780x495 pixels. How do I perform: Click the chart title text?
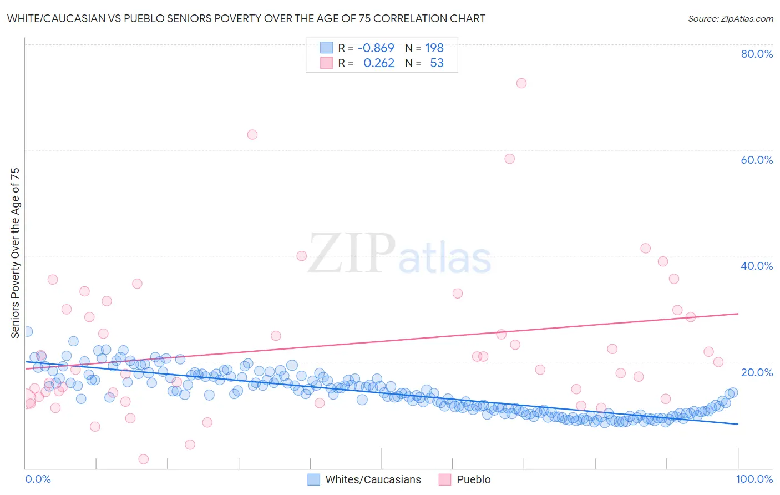(246, 18)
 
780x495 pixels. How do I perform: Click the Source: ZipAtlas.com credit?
(730, 18)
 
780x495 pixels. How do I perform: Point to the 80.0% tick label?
(757, 54)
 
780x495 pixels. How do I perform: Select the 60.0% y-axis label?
(757, 160)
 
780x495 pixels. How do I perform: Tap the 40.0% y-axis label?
(757, 266)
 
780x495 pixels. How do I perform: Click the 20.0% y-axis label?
(757, 372)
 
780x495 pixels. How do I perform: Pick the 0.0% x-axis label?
(38, 479)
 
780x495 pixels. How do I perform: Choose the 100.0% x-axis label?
(754, 479)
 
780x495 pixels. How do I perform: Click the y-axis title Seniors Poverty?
(15, 252)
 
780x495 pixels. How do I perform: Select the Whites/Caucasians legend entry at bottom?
(364, 479)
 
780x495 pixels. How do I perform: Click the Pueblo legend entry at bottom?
(465, 479)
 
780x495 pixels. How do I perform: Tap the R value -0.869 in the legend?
(376, 48)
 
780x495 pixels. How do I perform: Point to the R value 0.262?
(378, 63)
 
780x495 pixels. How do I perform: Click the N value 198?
(434, 48)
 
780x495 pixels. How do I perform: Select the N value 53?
(437, 63)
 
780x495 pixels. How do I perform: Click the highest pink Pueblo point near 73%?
(521, 83)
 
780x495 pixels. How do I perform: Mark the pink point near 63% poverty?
(252, 134)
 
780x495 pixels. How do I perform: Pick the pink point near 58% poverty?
(509, 159)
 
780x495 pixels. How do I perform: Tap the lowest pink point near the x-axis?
(143, 459)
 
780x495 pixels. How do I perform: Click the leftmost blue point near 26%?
(27, 331)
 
